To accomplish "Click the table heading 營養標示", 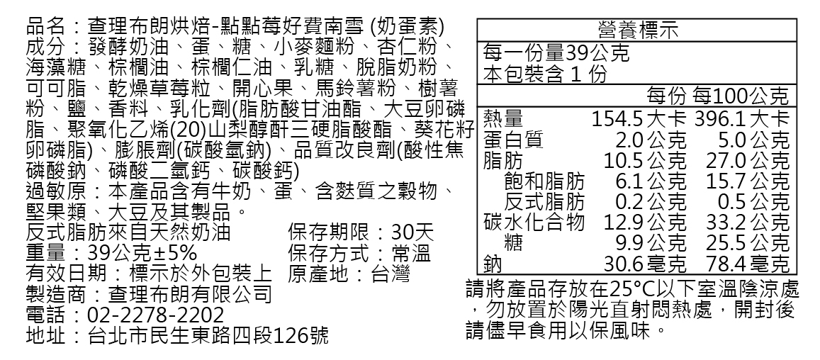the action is (x=638, y=30).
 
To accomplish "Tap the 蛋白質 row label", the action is (x=512, y=139).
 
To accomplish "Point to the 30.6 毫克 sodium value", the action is (x=645, y=264).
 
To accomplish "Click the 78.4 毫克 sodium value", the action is (x=748, y=264).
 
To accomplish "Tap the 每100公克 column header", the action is (x=741, y=96).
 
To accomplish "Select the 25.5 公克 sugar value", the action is (x=748, y=243).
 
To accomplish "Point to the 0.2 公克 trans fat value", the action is (x=651, y=201).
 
